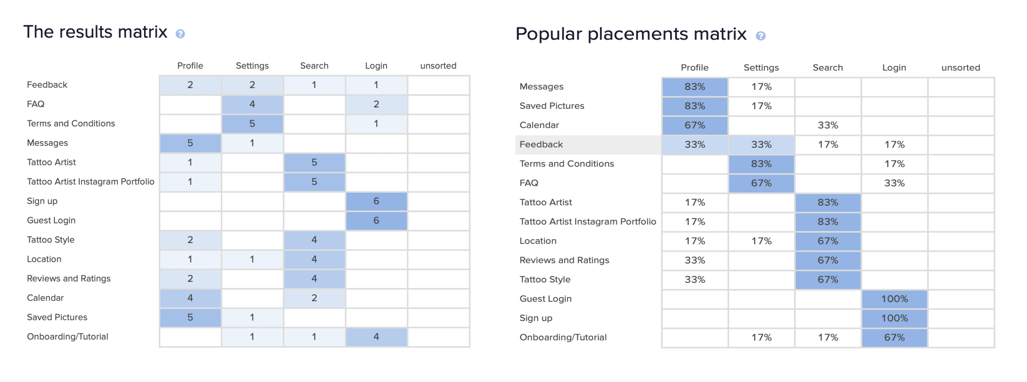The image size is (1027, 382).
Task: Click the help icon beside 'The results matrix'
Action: point(180,34)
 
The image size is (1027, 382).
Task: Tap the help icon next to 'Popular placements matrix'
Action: point(761,36)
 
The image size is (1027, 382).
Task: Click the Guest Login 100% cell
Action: point(894,299)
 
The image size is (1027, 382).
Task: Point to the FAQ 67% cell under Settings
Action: point(761,183)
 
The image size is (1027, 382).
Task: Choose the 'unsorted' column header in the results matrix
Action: point(438,66)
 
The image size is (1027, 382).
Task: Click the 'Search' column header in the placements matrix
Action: point(828,68)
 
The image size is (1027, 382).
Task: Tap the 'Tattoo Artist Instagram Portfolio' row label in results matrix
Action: point(91,182)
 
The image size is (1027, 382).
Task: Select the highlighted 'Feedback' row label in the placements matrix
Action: point(541,145)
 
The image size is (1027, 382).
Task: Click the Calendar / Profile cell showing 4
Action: point(190,298)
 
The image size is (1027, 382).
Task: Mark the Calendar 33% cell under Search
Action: point(828,125)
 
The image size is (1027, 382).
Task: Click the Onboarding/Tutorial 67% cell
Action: point(894,337)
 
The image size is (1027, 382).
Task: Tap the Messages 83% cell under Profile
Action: point(694,86)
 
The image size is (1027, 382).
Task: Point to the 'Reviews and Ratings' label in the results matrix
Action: point(68,278)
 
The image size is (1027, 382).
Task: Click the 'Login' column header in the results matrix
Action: point(376,66)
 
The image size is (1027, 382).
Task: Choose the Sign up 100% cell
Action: point(894,318)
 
